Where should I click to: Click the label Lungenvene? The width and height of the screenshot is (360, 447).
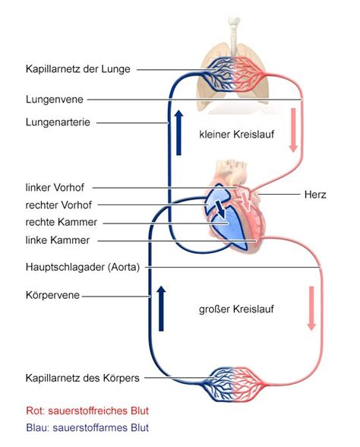55,100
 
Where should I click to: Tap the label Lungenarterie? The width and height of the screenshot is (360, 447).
58,122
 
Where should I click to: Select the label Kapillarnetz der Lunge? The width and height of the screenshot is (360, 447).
78,69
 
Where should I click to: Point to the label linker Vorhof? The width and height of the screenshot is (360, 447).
55,188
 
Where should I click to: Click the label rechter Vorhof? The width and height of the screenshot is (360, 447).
58,205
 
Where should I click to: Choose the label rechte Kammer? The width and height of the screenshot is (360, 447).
62,222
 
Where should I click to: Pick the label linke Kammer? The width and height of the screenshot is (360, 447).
58,240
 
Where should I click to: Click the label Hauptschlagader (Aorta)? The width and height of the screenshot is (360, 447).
83,268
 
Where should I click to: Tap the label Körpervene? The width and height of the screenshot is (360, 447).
52,295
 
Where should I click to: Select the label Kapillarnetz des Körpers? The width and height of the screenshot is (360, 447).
83,379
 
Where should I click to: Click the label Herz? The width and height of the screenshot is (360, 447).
315,195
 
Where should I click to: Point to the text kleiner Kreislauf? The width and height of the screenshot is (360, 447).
236,135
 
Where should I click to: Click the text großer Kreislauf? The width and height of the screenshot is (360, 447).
236,309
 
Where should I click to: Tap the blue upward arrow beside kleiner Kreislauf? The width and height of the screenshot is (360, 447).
178,133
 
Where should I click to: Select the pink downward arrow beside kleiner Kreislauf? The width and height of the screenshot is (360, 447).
293,130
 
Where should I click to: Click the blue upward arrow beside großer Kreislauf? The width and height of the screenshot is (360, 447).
161,309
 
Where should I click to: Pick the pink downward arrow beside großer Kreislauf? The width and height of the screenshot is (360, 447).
311,309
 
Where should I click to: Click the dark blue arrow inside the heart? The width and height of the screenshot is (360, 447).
220,209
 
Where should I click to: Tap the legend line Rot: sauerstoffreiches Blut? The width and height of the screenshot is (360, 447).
87,411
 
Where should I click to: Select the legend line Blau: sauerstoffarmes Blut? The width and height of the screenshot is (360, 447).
87,428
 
